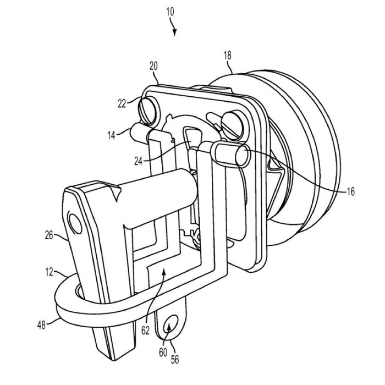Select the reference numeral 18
(x=228, y=56)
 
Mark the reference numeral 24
(x=138, y=161)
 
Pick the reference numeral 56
(x=174, y=361)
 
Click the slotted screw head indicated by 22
(x=150, y=105)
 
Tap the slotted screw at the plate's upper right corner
(x=229, y=119)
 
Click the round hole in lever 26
(x=74, y=223)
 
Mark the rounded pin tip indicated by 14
(x=135, y=130)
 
